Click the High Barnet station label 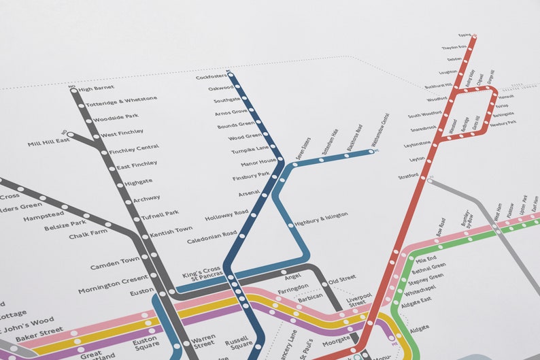coord(96,88)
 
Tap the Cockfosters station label coord(210,77)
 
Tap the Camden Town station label coord(116,261)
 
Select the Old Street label coord(342,280)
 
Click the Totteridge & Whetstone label coord(121,100)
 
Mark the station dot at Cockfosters coord(230,74)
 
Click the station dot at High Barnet coord(73,89)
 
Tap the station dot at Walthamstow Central coord(373,151)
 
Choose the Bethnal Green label coord(429,267)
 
